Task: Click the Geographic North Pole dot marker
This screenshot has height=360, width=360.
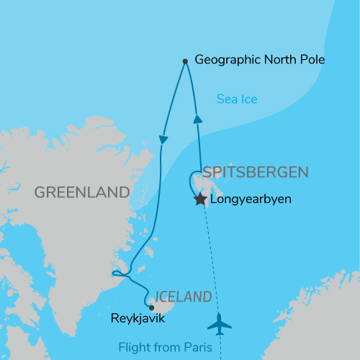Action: (x=186, y=61)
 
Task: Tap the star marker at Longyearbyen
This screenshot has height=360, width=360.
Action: (x=200, y=199)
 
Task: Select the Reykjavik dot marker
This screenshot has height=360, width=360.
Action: (x=151, y=307)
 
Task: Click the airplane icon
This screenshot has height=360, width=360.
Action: (x=220, y=324)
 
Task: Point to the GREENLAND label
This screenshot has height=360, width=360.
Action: (x=81, y=192)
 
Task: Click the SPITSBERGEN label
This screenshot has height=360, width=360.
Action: (x=256, y=172)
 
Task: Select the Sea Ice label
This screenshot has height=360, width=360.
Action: (x=237, y=99)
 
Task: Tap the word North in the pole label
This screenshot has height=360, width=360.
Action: (x=277, y=60)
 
